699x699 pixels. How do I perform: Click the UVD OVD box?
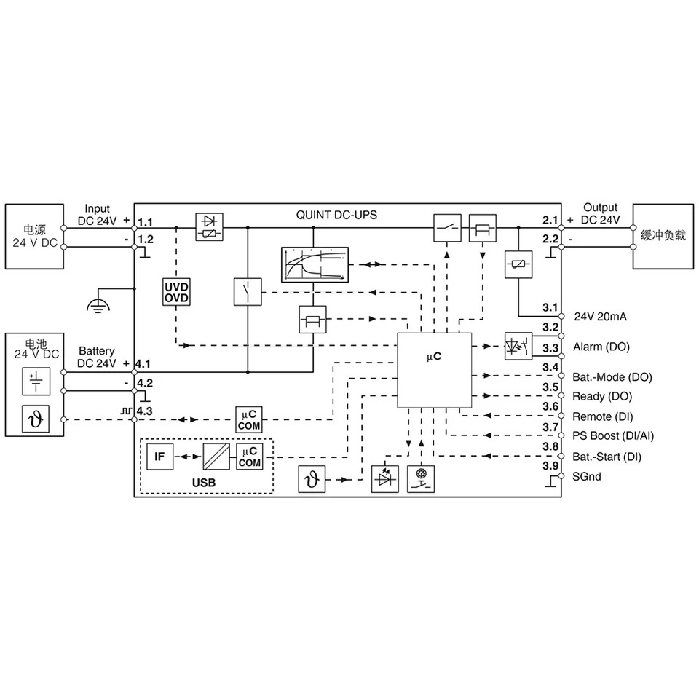coord(176,292)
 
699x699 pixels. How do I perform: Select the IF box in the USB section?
coord(159,457)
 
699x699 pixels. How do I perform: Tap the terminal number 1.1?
coord(146,222)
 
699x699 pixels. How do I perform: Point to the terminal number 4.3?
coord(144,411)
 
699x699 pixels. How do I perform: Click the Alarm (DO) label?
coord(601,347)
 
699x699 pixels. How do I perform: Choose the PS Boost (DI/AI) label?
coord(613,435)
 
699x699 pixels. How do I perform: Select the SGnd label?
coord(587,476)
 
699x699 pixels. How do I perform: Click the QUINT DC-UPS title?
coord(336,215)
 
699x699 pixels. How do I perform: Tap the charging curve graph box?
coord(315,265)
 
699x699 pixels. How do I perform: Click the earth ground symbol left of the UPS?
coord(98,304)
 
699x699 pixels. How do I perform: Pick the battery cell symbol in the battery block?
coord(36,382)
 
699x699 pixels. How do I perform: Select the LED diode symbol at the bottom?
coord(384,479)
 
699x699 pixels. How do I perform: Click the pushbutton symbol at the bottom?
coord(421,479)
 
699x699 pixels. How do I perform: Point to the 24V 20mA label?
coord(600,317)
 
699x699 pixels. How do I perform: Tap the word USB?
coord(204,483)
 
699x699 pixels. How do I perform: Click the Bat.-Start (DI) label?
coord(607,457)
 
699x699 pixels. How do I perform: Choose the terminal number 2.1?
coord(550,220)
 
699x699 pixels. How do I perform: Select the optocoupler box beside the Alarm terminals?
coord(518,346)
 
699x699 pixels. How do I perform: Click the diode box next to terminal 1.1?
coord(210,227)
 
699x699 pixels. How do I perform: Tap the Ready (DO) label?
coord(602,396)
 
